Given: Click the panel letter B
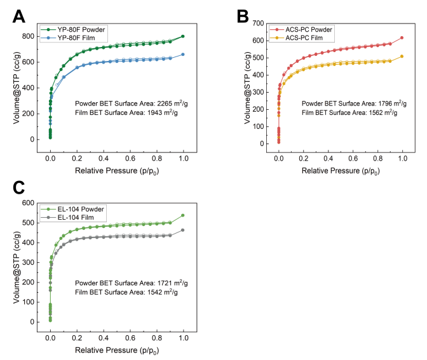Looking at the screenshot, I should point(241,15).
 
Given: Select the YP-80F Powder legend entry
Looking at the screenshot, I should point(77,29).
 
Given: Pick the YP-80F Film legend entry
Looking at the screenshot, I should point(73,37).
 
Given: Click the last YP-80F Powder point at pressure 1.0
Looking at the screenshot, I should point(183,36).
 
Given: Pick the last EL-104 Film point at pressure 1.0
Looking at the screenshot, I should point(183,230).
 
